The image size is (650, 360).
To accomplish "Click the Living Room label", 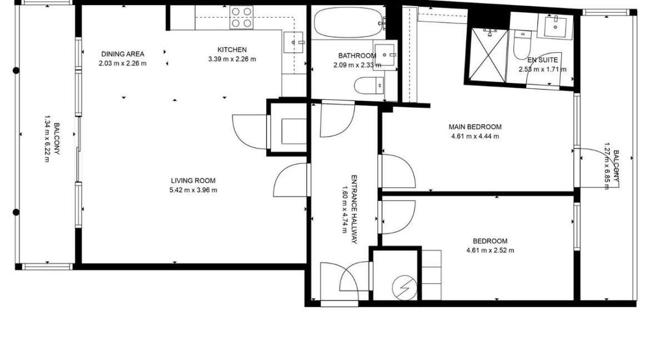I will click(x=193, y=181).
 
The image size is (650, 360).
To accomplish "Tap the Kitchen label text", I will click(x=232, y=50).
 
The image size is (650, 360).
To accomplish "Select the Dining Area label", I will click(x=123, y=54).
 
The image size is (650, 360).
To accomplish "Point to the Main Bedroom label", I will click(x=475, y=127).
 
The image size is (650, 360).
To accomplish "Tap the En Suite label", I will click(x=542, y=60).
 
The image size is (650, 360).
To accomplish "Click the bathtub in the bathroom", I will click(x=347, y=22).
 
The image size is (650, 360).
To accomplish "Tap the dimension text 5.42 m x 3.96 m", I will click(x=193, y=190).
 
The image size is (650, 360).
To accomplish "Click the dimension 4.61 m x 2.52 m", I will click(x=490, y=250).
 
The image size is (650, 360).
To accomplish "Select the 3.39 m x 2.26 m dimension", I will click(x=232, y=59).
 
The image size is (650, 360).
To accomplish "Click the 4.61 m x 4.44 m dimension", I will click(x=475, y=136).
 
